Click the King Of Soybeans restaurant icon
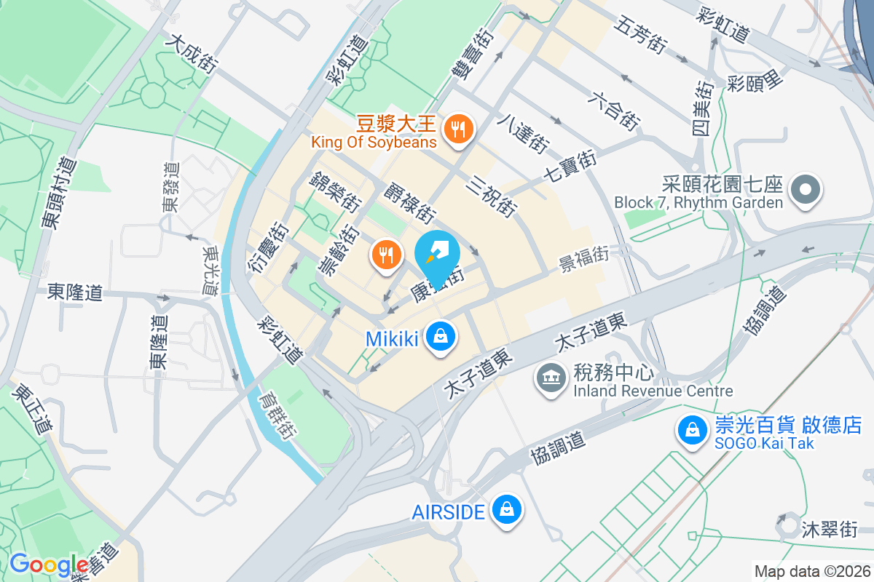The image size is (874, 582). tap(458, 130)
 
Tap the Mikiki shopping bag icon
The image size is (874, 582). tap(441, 337)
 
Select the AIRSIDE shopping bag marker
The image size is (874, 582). tap(505, 510)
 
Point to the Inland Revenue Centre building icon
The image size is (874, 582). tap(552, 378)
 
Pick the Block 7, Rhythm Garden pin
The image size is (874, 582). tap(805, 191)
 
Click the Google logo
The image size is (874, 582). tap(49, 564)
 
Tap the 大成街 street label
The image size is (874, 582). tap(191, 54)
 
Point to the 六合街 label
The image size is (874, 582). tap(615, 111)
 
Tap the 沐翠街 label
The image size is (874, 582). tap(829, 527)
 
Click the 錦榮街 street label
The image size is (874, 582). tap(336, 191)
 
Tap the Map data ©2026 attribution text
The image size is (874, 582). tap(812, 571)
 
